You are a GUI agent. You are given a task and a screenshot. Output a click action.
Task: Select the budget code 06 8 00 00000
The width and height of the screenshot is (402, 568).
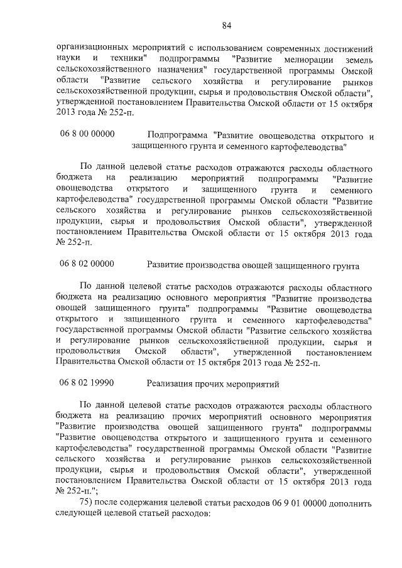pyautogui.click(x=88, y=134)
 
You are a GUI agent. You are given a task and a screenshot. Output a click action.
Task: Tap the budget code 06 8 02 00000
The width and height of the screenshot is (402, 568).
pyautogui.click(x=88, y=265)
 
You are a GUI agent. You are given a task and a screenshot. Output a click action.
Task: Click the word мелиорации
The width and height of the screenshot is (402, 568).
pyautogui.click(x=280, y=58)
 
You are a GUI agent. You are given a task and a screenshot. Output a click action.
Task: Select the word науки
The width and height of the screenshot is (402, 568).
pyautogui.click(x=68, y=58)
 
